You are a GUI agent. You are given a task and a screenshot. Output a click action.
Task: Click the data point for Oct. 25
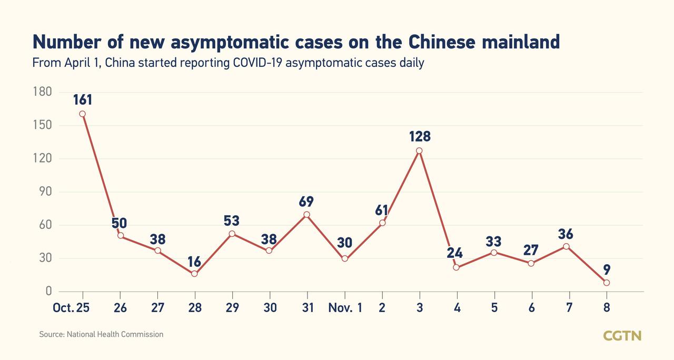pos(82,114)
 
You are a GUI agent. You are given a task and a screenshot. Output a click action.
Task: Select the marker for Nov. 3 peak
pos(419,151)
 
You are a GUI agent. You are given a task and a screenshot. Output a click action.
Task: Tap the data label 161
pos(82,98)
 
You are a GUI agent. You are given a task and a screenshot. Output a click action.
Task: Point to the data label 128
pos(420,136)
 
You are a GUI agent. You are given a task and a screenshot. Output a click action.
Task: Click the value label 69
pos(306,201)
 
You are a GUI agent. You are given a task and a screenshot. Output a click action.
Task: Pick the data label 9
pos(607,270)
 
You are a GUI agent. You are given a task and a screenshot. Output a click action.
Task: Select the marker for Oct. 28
pos(194,274)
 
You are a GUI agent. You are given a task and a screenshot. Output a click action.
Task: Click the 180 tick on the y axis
pos(42,92)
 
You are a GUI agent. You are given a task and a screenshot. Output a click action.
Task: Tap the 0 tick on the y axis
pos(49,291)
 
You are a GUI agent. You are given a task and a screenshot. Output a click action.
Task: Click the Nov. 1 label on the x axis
pos(345,308)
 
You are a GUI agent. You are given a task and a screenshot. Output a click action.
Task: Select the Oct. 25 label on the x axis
pos(71,308)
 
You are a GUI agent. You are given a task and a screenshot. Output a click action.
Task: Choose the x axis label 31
pos(307,308)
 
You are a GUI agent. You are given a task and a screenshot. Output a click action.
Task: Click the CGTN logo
pos(622,335)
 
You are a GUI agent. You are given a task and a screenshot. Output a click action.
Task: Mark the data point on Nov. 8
pos(607,283)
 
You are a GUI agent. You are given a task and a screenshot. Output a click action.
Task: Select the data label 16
pos(195,261)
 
